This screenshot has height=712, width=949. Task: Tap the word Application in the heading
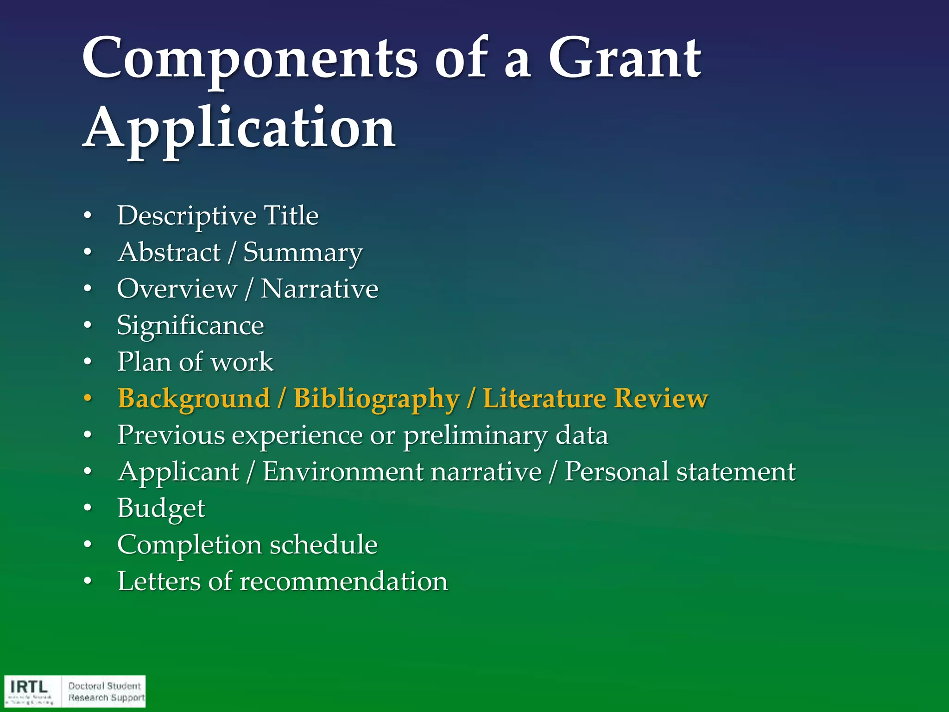[239, 127]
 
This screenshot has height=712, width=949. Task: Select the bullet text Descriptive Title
[218, 216]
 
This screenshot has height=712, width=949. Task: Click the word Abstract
[169, 253]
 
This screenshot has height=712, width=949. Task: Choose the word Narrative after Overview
[319, 289]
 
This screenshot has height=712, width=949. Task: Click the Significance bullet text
[190, 325]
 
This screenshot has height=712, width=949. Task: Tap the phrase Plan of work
[195, 362]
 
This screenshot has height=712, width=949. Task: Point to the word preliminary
[475, 436]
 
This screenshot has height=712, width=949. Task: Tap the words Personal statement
[680, 472]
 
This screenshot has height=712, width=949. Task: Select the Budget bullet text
[161, 509]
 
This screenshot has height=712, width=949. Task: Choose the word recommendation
[343, 581]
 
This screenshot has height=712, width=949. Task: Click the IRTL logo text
[29, 687]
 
